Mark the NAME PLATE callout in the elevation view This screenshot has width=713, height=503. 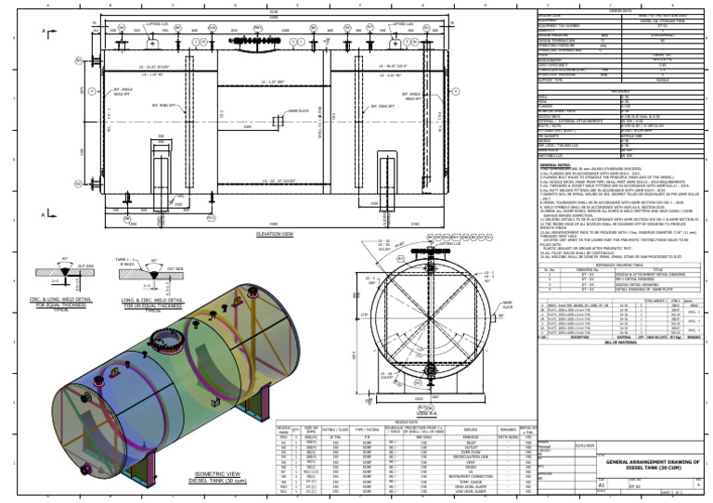[298, 110]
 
